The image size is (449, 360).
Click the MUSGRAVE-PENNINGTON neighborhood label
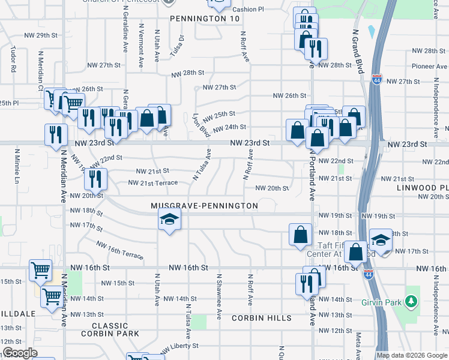tap(204, 206)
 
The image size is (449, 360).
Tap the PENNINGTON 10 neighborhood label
tap(196, 19)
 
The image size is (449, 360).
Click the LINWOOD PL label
tap(423, 188)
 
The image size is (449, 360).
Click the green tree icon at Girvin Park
tap(411, 299)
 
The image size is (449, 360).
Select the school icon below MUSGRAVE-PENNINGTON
tap(169, 220)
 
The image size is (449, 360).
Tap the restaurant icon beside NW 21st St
tap(95, 178)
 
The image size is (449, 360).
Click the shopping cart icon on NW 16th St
tap(40, 271)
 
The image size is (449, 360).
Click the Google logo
tap(20, 353)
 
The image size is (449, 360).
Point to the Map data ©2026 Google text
tap(412, 355)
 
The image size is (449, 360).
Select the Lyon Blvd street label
tap(200, 125)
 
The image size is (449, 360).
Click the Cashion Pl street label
tap(248, 10)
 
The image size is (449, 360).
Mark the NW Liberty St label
tap(175, 346)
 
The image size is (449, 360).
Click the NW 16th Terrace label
tap(120, 250)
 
